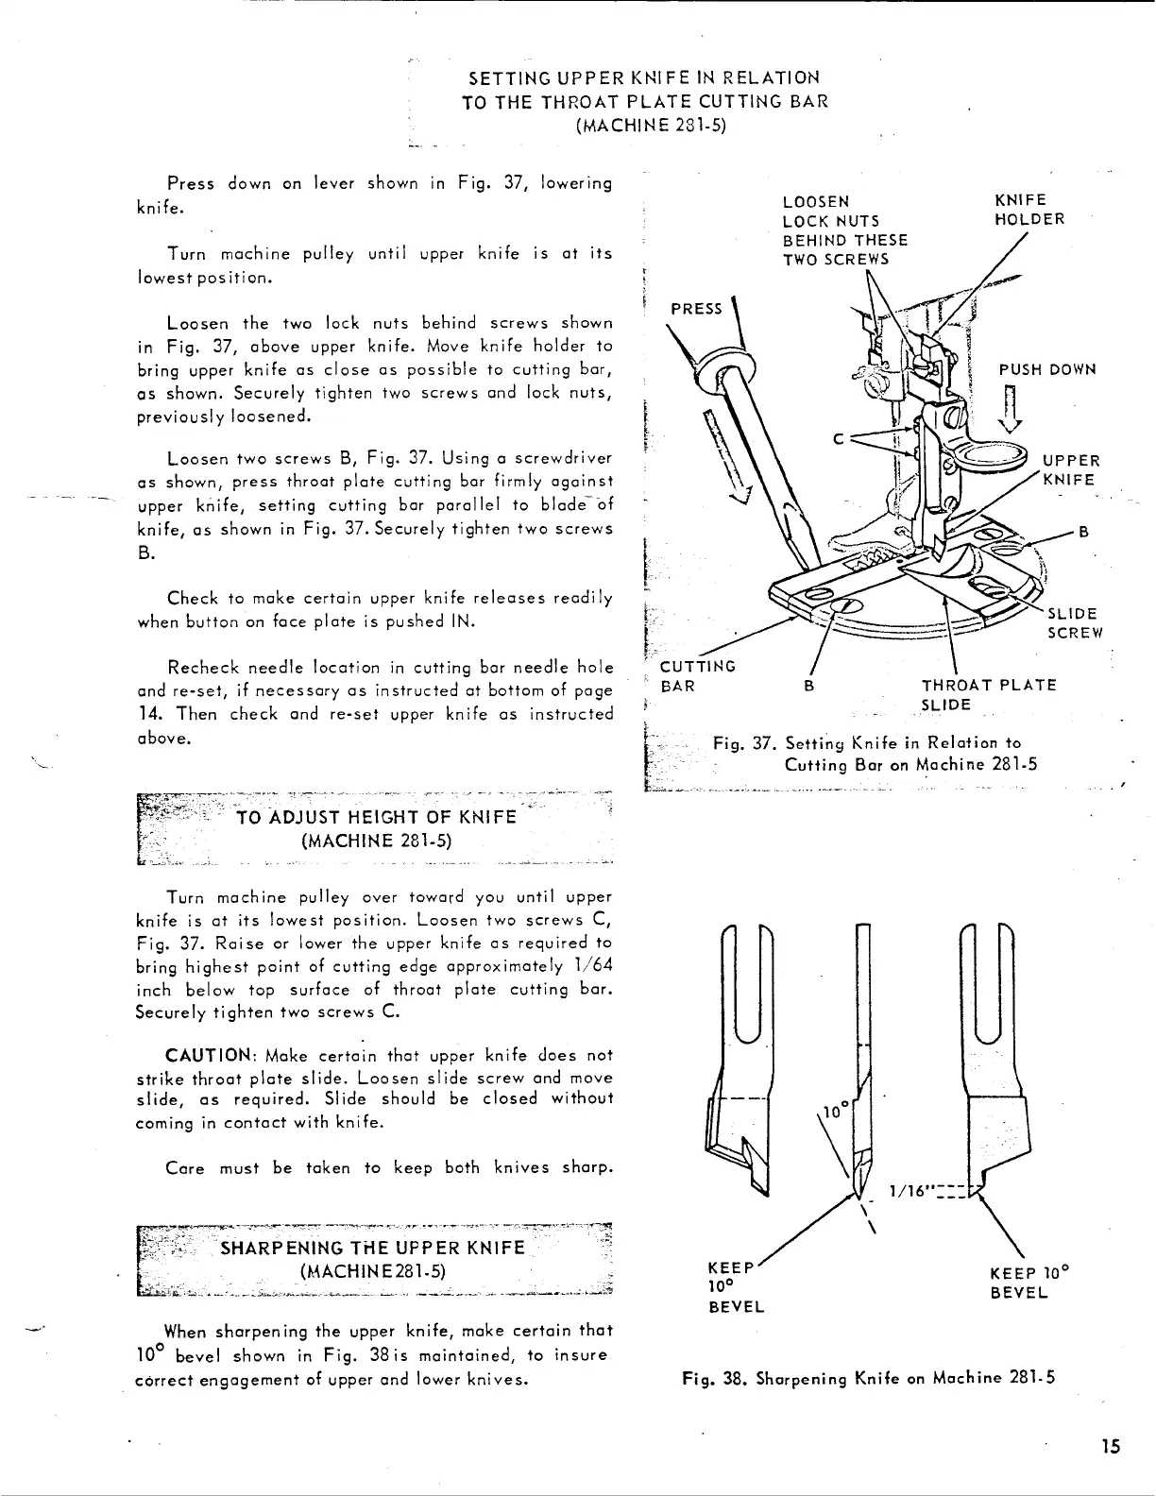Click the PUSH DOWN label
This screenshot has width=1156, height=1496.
click(1047, 369)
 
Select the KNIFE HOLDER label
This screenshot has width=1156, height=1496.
click(1029, 210)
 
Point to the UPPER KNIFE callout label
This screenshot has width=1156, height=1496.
click(1070, 470)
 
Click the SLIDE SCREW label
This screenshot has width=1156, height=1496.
click(1075, 623)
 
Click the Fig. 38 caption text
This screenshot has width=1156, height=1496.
click(868, 1377)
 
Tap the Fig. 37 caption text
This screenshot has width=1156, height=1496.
click(875, 754)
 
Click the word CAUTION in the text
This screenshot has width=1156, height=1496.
click(205, 1055)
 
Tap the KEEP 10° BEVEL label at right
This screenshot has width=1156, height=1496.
click(1027, 1283)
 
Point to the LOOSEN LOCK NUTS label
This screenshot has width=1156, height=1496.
click(844, 230)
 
